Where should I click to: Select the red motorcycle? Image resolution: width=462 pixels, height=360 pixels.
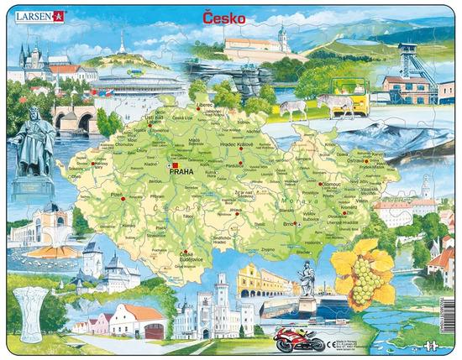click(x=299, y=340)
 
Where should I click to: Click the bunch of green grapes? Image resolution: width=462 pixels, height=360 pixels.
click(x=362, y=280)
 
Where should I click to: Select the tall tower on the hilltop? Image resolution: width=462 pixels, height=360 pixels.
click(x=123, y=44)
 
